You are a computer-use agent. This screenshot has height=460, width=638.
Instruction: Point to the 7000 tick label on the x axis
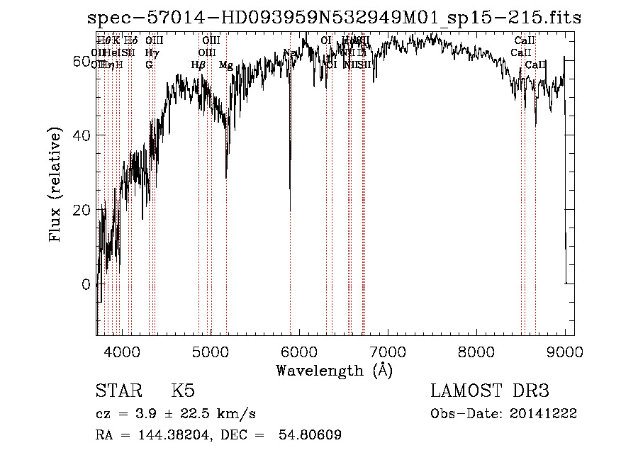(x=387, y=352)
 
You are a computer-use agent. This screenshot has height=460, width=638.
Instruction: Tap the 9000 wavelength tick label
(x=565, y=352)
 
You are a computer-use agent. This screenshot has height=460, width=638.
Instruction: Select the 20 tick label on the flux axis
(x=82, y=210)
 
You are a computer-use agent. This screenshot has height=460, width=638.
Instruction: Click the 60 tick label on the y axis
(x=82, y=62)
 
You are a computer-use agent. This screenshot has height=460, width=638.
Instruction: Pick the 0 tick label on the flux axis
(x=86, y=284)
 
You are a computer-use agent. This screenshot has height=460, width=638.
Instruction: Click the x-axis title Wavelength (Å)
(x=334, y=370)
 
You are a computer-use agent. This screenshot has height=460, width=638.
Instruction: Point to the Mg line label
(x=226, y=65)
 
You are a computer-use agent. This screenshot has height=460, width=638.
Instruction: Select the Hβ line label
(x=198, y=65)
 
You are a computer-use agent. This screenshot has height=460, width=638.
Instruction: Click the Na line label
(x=289, y=52)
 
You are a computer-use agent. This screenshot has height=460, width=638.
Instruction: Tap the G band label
(x=149, y=65)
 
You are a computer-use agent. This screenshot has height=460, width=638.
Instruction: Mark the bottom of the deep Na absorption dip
(x=290, y=210)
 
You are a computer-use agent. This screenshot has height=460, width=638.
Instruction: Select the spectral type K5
(x=183, y=391)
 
